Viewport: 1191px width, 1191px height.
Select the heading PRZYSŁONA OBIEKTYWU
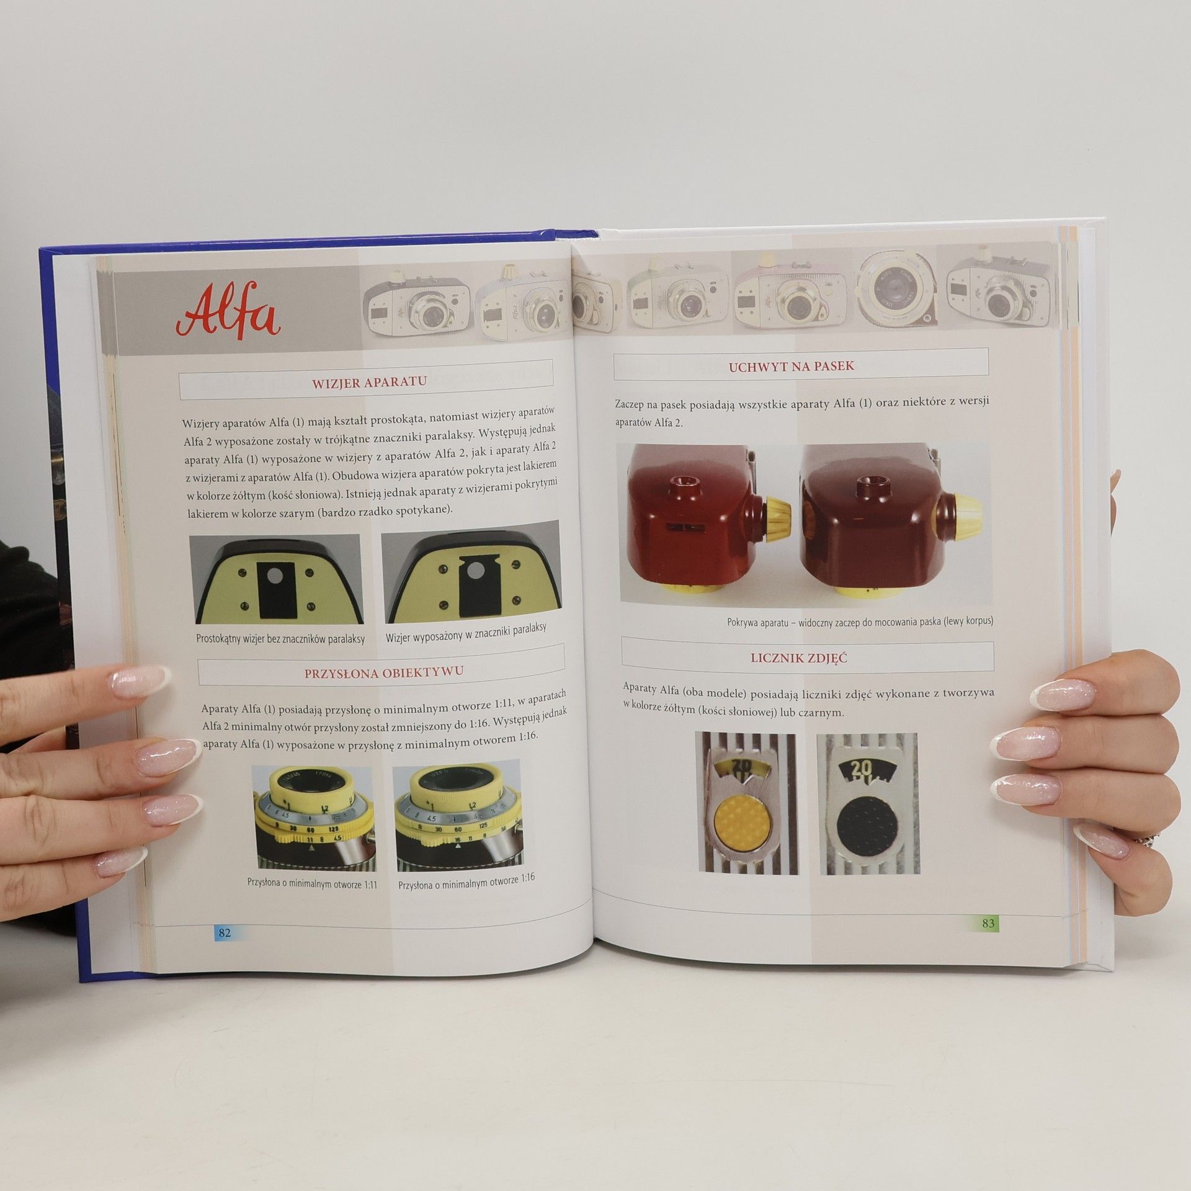pos(383,672)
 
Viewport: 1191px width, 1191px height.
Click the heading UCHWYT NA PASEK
pos(791,366)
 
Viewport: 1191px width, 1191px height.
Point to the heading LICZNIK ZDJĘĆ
pos(799,658)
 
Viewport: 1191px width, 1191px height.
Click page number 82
pos(225,932)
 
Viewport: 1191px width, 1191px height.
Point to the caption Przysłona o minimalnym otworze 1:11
pos(312,884)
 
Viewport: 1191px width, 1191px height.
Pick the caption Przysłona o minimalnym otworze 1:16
pos(466,881)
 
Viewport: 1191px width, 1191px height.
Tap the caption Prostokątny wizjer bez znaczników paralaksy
pos(280,638)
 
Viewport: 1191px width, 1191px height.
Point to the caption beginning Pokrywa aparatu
pos(860,622)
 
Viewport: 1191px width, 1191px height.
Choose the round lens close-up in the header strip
pos(896,291)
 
